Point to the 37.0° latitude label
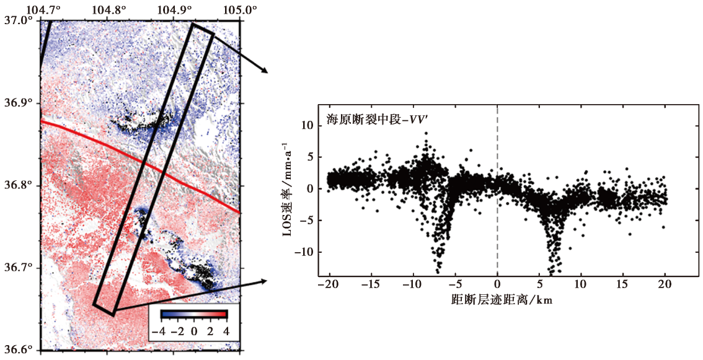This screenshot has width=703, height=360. click(19, 21)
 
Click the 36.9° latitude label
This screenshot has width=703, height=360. click(19, 103)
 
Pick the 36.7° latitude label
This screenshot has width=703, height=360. click(19, 268)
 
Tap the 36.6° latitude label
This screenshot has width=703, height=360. click(19, 350)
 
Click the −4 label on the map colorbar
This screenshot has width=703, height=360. click(159, 332)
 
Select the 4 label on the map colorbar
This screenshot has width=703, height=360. click(226, 332)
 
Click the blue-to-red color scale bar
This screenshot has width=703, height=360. click(193, 314)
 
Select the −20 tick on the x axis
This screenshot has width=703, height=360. click(329, 286)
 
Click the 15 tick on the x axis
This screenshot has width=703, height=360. click(623, 286)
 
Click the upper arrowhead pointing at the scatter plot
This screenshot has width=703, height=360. click(265, 71)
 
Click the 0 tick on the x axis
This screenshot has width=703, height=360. click(497, 286)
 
